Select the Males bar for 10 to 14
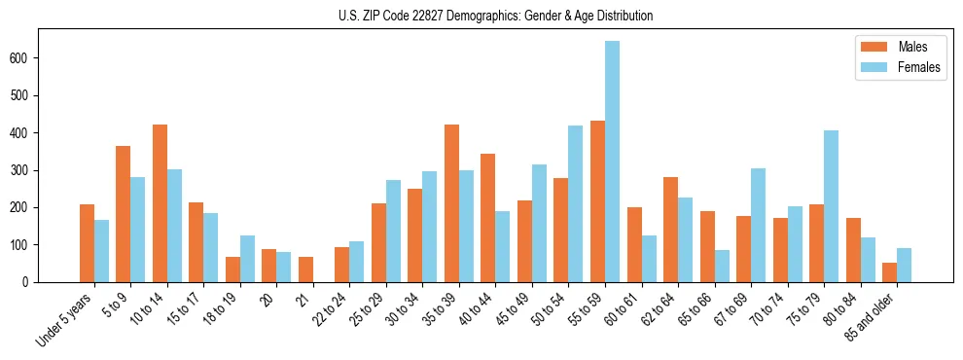point(160,203)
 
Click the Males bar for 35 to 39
point(451,203)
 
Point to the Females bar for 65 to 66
point(722,266)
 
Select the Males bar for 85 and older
point(889,272)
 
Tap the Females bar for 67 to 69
point(758,225)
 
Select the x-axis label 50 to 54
point(553,308)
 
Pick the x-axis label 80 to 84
point(845,308)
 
